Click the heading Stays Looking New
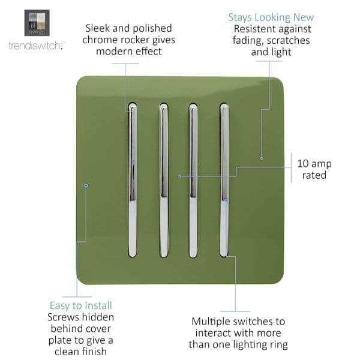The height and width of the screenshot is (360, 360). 271,17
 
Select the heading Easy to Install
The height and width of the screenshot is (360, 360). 80,305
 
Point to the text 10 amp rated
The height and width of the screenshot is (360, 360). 314,169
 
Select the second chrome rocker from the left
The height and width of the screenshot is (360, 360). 163,180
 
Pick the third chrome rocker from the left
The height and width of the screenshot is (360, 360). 193,180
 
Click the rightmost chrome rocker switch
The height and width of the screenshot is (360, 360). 224,180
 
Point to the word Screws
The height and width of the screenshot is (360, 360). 63,317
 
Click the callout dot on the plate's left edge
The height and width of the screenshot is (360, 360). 86,185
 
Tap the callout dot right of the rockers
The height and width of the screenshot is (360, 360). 262,158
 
